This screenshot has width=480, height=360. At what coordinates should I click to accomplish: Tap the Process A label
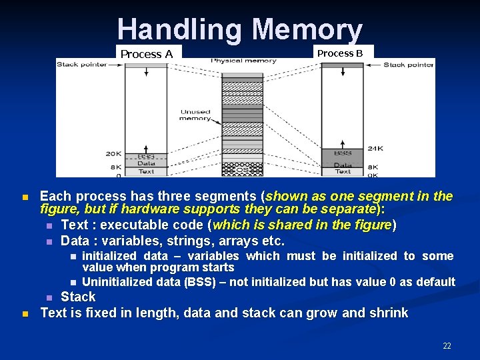147,54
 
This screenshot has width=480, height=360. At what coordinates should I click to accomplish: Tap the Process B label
340,53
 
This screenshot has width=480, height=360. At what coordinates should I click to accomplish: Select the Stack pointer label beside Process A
82,64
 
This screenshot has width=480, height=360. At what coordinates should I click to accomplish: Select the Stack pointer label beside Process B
408,65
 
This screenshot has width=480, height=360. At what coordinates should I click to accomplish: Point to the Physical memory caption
244,61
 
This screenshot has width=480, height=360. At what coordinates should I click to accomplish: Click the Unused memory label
195,115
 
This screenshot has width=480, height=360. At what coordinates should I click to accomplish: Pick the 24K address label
375,149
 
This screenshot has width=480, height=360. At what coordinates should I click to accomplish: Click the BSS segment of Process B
343,153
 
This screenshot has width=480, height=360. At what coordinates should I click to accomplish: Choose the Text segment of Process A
146,171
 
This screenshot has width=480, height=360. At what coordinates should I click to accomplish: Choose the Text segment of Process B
343,171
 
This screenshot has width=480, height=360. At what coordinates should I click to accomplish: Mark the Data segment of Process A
146,163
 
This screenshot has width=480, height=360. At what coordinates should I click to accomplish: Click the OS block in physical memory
243,170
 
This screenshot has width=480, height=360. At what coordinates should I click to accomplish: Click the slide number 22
447,346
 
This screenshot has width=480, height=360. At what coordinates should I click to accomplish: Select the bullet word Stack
78,297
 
